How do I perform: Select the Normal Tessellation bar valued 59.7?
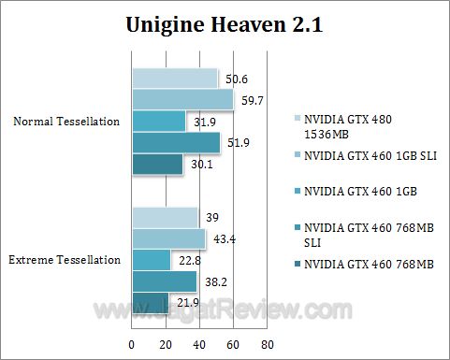tap(182, 99)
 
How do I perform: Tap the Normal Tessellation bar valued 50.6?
tap(175, 78)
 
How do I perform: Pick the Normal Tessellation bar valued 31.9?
tap(159, 121)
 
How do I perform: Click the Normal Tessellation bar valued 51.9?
tap(176, 142)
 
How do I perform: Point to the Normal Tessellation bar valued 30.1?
tap(157, 164)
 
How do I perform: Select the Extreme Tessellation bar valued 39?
tap(165, 217)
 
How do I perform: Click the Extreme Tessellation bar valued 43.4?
tap(168, 238)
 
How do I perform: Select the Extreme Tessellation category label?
tap(66, 260)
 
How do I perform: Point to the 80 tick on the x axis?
tap(267, 345)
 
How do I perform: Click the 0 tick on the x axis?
tap(132, 345)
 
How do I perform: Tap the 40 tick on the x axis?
tap(199, 345)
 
